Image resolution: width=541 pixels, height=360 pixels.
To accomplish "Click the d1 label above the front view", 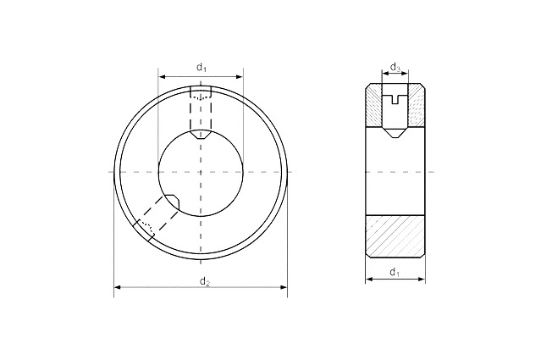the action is tap(201, 67).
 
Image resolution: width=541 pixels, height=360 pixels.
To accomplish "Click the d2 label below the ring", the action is tap(205, 282).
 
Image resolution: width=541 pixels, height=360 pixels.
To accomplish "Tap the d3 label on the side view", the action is tap(395, 67).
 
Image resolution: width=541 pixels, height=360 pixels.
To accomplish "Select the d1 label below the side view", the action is tap(395, 273).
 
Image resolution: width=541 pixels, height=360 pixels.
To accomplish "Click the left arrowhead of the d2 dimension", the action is tap(118, 287).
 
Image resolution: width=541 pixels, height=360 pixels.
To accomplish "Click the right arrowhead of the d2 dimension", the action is tap(284, 287).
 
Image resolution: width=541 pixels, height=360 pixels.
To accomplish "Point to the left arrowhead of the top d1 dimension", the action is tap(162, 76).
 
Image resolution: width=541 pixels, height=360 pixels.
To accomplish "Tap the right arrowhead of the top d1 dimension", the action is tap(240, 76).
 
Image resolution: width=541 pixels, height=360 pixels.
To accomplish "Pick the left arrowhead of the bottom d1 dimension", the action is tap(369, 279).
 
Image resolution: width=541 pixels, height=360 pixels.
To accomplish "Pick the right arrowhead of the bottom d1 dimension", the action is tap(422, 279).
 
